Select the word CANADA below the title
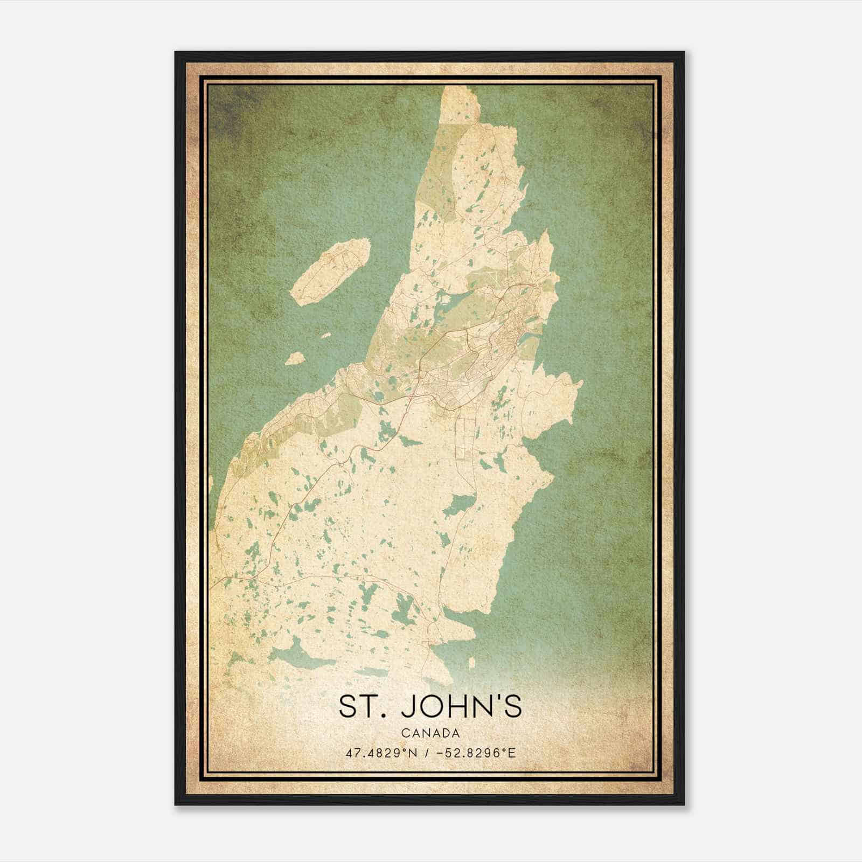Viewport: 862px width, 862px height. click(x=430, y=733)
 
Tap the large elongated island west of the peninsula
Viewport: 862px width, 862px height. click(x=330, y=272)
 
